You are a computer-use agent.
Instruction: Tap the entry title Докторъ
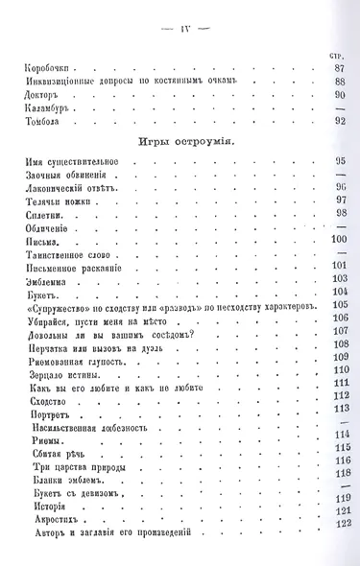pos(44,95)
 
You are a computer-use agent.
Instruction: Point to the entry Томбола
pos(43,122)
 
